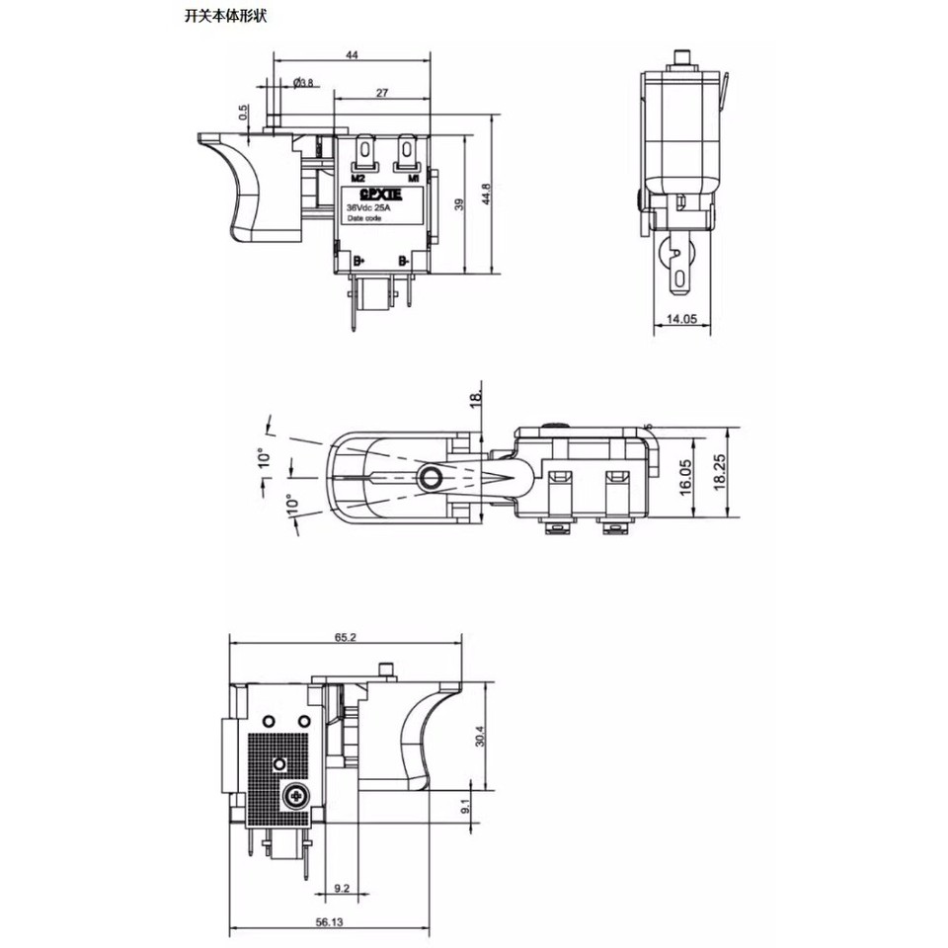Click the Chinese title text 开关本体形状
[224, 17]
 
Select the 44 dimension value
[353, 56]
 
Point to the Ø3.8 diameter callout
[303, 83]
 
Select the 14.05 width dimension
[681, 319]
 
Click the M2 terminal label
[358, 178]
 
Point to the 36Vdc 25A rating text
[368, 209]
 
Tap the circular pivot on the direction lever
[430, 479]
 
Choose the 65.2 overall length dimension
[345, 639]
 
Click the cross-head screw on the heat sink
[294, 795]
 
